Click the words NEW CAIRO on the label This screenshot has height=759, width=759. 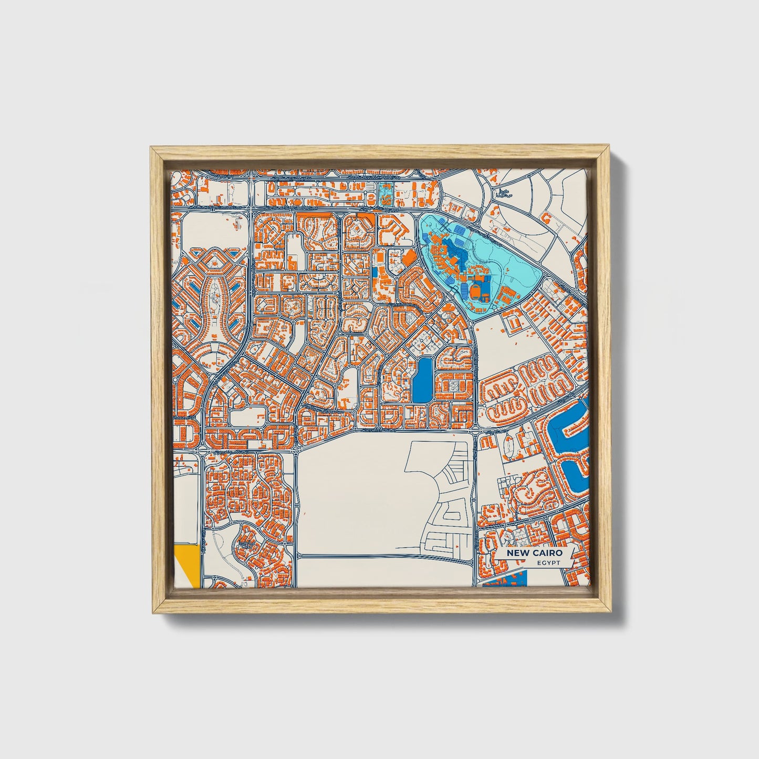[x=534, y=553]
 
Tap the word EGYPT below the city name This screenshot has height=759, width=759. [x=548, y=563]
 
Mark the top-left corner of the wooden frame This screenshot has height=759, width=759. [x=151, y=149]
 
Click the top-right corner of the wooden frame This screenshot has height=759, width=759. [x=609, y=149]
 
